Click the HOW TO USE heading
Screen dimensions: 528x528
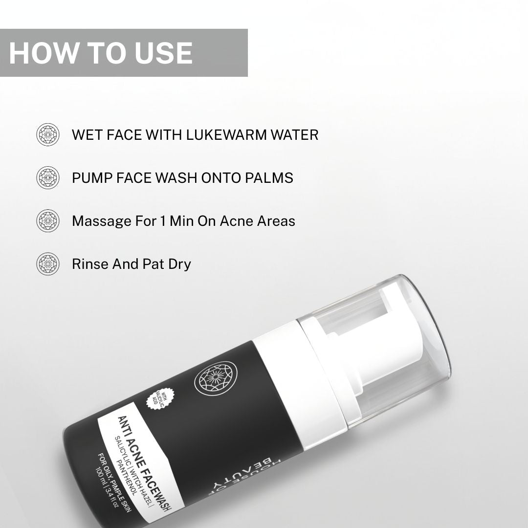point(101,53)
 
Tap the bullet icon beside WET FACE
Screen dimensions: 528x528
point(48,134)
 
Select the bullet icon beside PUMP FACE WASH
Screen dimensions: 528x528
point(48,177)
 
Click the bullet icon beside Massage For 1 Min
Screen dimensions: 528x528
point(48,220)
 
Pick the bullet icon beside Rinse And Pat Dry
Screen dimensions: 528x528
point(48,264)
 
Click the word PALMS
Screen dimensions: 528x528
point(272,177)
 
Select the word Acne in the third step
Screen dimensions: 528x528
point(237,221)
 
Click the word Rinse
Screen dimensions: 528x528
point(90,264)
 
